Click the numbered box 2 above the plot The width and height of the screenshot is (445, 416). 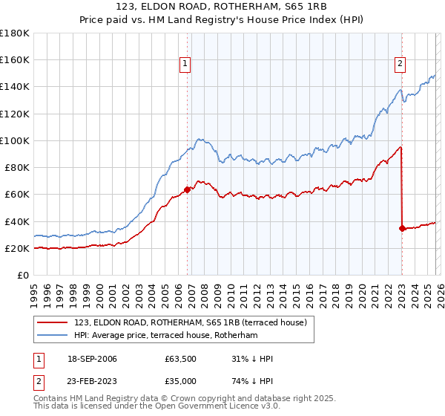pos(400,64)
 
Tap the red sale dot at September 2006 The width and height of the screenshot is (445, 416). pos(187,189)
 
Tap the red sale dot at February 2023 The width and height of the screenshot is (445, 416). pos(402,228)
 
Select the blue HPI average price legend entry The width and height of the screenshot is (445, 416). pos(165,335)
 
